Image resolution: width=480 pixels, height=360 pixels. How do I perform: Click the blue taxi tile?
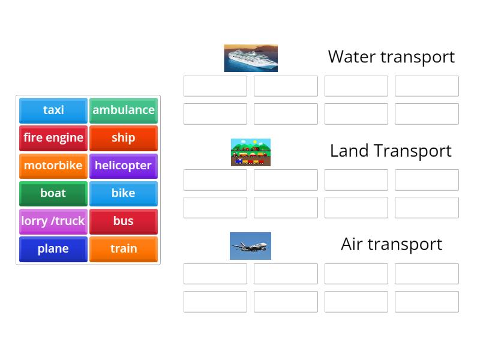(53, 110)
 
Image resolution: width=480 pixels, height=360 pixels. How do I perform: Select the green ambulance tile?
(124, 110)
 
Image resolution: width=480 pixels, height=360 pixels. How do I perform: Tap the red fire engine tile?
(53, 138)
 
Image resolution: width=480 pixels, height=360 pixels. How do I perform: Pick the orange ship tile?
(124, 138)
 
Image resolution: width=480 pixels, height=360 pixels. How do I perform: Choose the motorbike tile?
(53, 166)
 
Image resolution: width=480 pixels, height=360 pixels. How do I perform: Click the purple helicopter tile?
(124, 166)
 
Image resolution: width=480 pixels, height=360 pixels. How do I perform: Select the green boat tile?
(53, 193)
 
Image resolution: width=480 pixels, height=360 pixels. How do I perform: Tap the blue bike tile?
(124, 193)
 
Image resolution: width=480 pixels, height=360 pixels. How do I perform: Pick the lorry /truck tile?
(53, 221)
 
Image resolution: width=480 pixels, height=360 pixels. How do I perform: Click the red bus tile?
(124, 221)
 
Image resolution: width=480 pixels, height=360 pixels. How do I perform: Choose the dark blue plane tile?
(53, 249)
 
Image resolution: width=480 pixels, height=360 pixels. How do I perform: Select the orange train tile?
(124, 249)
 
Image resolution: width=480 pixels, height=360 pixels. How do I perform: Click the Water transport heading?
(391, 57)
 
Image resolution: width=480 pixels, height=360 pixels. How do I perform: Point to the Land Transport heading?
(391, 151)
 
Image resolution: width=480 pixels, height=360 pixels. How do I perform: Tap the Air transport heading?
(391, 244)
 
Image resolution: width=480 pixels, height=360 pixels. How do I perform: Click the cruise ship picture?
(251, 58)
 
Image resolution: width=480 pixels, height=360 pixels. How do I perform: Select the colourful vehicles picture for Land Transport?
(251, 152)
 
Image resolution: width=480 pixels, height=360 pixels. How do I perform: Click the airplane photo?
(250, 246)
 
